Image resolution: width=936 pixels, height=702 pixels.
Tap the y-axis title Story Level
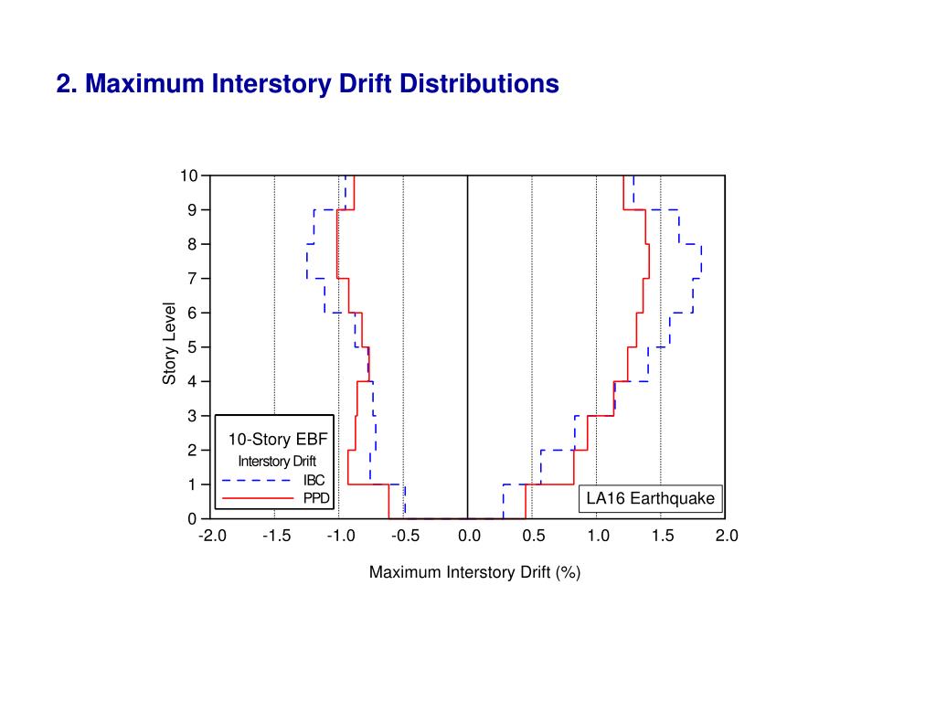169,343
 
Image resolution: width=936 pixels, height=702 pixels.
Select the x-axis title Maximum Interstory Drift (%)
475,572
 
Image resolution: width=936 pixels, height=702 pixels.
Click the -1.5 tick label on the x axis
275,537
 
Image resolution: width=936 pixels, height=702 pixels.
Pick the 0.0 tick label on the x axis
468,537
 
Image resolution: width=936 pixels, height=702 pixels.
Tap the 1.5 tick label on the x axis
662,537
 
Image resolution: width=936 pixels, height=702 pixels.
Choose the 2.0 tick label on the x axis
726,537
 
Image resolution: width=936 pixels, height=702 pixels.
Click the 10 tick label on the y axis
188,175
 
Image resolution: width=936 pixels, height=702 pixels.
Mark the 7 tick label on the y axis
193,279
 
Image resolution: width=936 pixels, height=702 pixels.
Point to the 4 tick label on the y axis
193,381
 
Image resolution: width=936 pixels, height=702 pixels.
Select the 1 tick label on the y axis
193,484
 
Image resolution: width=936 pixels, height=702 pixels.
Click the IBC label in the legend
314,481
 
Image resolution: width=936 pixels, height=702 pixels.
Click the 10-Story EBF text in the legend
277,440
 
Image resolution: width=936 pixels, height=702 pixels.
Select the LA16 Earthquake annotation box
651,499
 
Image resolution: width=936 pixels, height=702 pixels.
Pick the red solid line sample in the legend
255,499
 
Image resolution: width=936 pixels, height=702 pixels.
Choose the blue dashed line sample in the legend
255,481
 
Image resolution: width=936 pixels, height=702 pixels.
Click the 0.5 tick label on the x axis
533,537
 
